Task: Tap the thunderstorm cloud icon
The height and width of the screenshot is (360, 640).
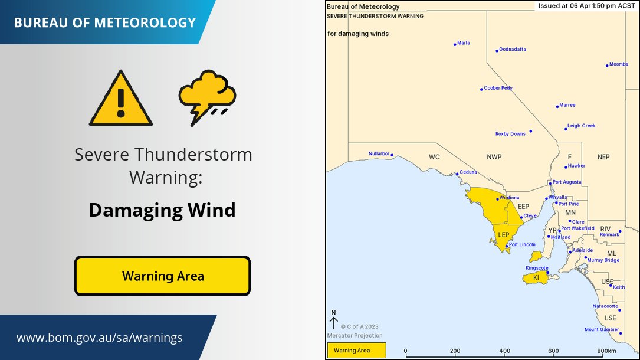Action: pyautogui.click(x=207, y=97)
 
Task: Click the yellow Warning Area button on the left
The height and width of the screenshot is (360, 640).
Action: pyautogui.click(x=163, y=276)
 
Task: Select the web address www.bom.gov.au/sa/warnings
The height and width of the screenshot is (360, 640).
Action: pyautogui.click(x=99, y=338)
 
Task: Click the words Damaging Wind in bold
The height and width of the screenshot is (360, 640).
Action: pyautogui.click(x=162, y=210)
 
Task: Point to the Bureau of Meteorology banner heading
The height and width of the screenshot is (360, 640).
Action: pyautogui.click(x=104, y=23)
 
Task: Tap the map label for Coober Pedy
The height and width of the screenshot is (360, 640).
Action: pyautogui.click(x=498, y=88)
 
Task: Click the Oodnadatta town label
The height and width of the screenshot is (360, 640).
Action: pyautogui.click(x=512, y=50)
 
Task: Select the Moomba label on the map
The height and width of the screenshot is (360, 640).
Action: pyautogui.click(x=619, y=64)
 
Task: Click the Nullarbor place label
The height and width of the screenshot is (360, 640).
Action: pyautogui.click(x=379, y=153)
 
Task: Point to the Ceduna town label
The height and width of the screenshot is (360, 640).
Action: pyautogui.click(x=468, y=172)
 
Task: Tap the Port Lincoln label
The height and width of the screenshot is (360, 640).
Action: pyautogui.click(x=522, y=244)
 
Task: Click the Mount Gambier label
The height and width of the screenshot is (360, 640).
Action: pyautogui.click(x=602, y=329)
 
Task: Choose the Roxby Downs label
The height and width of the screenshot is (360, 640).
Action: pyautogui.click(x=510, y=134)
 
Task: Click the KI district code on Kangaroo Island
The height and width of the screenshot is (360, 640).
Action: pyautogui.click(x=536, y=277)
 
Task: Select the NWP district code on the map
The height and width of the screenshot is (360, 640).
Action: pyautogui.click(x=495, y=157)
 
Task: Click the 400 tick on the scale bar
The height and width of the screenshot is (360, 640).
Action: pyautogui.click(x=504, y=351)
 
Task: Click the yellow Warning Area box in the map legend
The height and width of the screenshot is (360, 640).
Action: pyautogui.click(x=356, y=351)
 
